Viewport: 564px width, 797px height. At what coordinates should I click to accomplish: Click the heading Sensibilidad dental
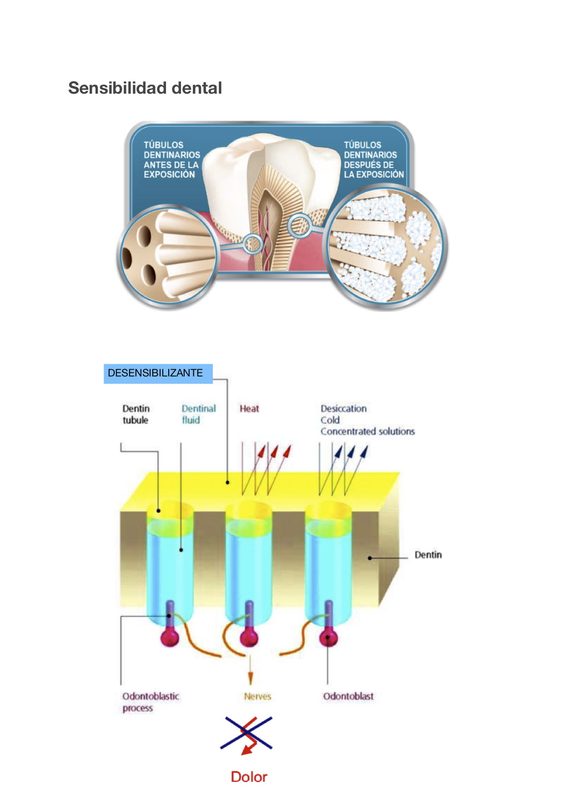tap(145, 88)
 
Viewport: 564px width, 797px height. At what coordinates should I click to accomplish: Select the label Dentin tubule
tap(136, 414)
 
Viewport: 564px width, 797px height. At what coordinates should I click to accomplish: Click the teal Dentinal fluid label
tap(198, 414)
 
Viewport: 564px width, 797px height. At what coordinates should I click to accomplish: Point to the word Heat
tap(249, 409)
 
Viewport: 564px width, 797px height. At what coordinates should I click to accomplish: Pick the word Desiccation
tap(343, 409)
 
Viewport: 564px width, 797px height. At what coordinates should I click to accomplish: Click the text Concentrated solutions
tap(368, 431)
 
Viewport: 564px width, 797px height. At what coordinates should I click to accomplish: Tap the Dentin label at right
tap(428, 555)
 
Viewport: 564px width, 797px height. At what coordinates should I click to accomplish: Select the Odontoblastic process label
tap(150, 702)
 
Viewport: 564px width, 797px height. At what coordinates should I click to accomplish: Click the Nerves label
tap(257, 696)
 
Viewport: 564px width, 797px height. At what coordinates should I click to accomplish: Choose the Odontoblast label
tap(348, 696)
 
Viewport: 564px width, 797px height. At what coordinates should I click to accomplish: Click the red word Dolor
tap(249, 777)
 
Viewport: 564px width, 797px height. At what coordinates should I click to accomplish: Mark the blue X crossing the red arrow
tap(246, 732)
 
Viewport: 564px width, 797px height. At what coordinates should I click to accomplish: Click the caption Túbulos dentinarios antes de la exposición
tap(171, 160)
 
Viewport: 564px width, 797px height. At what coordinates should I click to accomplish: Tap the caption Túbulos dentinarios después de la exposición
tap(373, 160)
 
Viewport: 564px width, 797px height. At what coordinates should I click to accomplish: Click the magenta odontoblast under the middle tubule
tap(249, 637)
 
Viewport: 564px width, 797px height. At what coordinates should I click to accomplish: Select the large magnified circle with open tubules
tap(168, 256)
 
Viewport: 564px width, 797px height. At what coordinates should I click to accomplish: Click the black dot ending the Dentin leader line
tap(370, 558)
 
